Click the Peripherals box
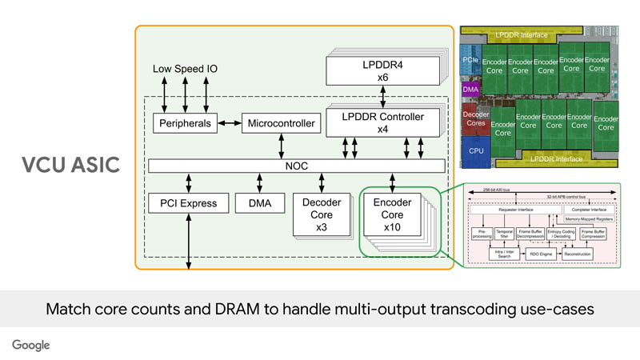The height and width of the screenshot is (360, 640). pyautogui.click(x=186, y=124)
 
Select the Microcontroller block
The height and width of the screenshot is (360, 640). pyautogui.click(x=280, y=124)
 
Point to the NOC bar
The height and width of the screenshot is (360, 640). pyautogui.click(x=296, y=166)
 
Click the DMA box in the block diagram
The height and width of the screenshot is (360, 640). pyautogui.click(x=259, y=204)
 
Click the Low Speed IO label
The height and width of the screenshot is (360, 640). pyautogui.click(x=185, y=69)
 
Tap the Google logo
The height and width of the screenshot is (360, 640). pyautogui.click(x=30, y=344)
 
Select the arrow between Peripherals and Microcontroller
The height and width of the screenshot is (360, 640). pyautogui.click(x=230, y=124)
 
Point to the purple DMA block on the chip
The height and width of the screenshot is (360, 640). pyautogui.click(x=470, y=90)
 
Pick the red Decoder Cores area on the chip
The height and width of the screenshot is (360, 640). pyautogui.click(x=475, y=119)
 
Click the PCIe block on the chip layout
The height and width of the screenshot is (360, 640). pyautogui.click(x=470, y=60)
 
